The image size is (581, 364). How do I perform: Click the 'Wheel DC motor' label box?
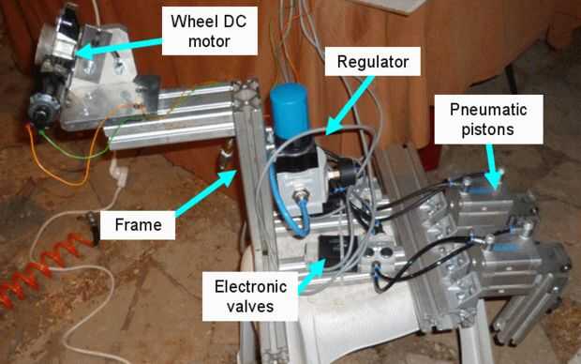click(209, 31)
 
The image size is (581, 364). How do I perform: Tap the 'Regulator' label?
click(373, 62)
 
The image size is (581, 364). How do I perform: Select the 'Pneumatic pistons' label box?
click(488, 119)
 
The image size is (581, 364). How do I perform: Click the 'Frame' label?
click(138, 225)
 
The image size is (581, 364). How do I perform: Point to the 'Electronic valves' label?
click(250, 296)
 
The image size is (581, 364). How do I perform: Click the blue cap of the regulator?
click(289, 107)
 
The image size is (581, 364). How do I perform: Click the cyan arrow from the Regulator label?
click(350, 105)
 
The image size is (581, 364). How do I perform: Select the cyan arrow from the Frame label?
click(205, 193)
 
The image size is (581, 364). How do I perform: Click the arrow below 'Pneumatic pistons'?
click(493, 166)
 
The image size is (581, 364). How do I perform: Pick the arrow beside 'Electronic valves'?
click(311, 276)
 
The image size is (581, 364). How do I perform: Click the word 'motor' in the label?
click(209, 41)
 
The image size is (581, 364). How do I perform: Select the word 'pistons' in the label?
click(487, 129)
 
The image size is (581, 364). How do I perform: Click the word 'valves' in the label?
click(250, 307)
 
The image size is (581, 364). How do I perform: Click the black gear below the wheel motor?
click(44, 107)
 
